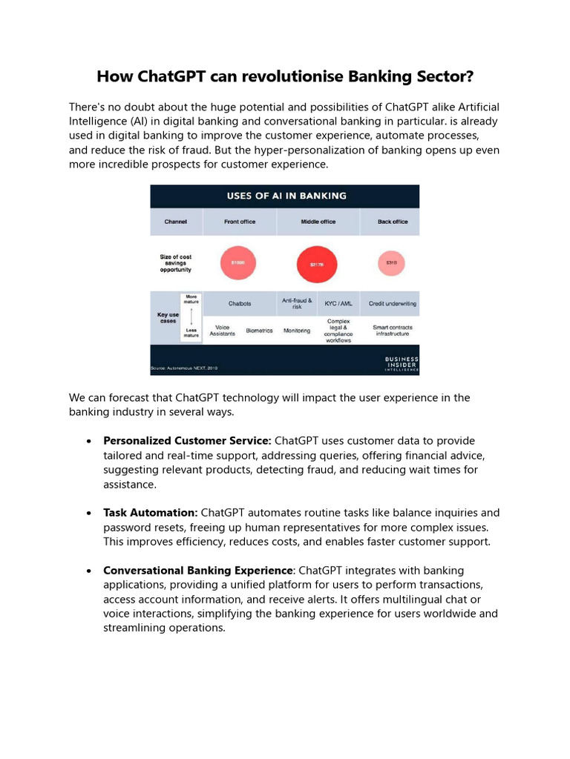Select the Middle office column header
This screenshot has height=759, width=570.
coord(318,222)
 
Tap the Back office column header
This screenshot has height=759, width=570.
coord(392,222)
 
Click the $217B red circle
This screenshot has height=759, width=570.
coord(317,264)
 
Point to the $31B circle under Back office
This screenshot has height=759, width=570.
coord(391,262)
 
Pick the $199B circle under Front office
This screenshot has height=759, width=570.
coord(238,262)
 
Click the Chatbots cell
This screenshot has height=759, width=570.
coord(239,303)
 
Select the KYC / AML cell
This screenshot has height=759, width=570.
coord(338,303)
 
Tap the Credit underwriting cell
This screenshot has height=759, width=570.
coord(392,303)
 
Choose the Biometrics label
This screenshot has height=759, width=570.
coord(259,331)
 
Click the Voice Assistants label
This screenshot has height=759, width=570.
coord(222,331)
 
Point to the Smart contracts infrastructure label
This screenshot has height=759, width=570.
coord(392,331)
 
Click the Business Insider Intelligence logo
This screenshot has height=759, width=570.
coord(401,363)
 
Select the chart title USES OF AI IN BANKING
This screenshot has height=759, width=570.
coord(286,196)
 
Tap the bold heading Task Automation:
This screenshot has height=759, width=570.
coord(150,513)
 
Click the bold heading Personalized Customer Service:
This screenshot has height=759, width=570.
coord(187,440)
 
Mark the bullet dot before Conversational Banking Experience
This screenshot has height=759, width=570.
coord(89,571)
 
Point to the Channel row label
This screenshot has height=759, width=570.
coord(175,222)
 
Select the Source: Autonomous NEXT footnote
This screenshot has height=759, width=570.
coord(185,368)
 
